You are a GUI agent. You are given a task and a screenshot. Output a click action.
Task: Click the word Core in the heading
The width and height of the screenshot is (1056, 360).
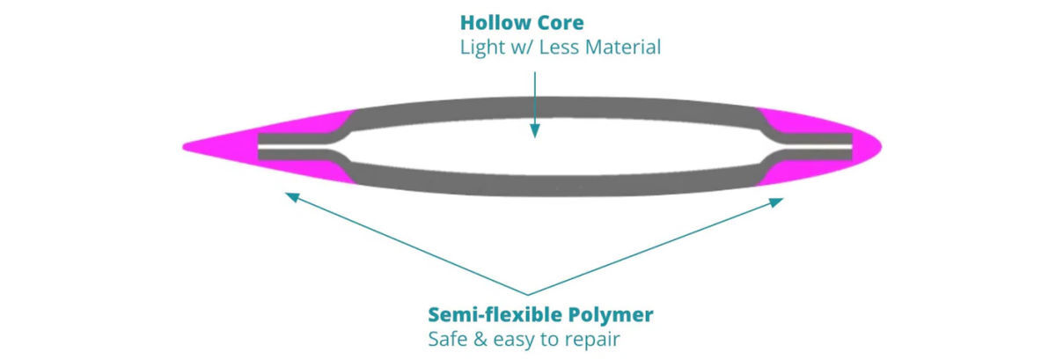click(x=558, y=22)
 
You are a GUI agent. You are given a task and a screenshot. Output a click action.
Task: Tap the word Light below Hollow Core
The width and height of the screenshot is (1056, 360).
click(x=480, y=47)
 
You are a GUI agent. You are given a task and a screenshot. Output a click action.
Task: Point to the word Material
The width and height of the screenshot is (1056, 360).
click(x=620, y=47)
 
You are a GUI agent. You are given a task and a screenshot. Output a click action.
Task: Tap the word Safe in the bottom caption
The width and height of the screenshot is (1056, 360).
click(x=447, y=338)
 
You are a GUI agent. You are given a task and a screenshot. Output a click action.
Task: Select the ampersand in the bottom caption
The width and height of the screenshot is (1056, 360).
click(x=480, y=338)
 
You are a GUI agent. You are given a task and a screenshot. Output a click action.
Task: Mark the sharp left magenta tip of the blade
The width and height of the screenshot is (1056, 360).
click(x=186, y=144)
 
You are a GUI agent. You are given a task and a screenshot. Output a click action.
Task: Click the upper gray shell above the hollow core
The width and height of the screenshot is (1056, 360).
click(x=546, y=103)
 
